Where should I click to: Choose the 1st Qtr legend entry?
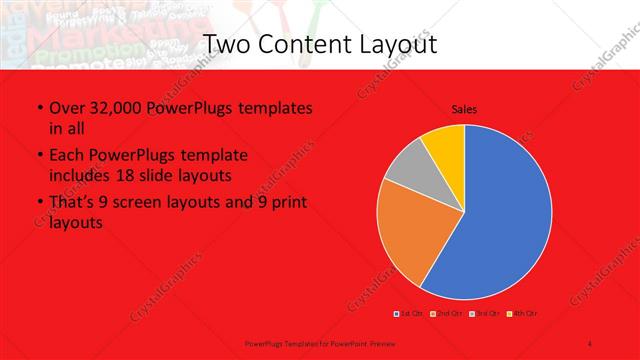coord(410,314)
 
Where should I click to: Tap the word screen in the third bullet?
coord(155,203)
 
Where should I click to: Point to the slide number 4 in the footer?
coord(591,342)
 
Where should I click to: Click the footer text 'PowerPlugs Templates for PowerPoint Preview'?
coord(307,342)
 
